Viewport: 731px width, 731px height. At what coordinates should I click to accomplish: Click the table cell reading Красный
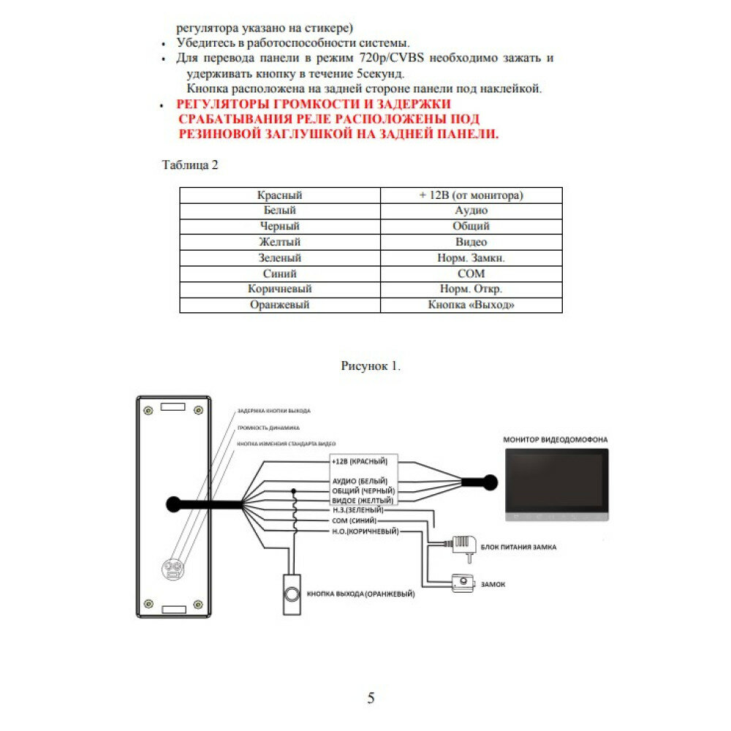(279, 195)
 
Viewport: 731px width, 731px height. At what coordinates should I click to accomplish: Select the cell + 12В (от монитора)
(471, 195)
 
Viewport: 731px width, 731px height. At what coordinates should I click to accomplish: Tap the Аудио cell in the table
(471, 211)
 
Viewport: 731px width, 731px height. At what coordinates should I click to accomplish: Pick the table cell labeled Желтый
(279, 242)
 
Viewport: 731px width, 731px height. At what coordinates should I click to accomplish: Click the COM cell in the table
(471, 273)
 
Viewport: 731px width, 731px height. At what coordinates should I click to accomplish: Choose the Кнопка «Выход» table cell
(471, 305)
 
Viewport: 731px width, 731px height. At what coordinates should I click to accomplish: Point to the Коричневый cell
(279, 289)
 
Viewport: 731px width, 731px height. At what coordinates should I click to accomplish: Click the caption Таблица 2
(189, 164)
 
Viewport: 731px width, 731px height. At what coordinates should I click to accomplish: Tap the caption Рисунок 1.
(371, 365)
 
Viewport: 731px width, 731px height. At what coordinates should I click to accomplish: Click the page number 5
(371, 698)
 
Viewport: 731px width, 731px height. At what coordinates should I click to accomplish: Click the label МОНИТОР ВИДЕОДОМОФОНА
(556, 439)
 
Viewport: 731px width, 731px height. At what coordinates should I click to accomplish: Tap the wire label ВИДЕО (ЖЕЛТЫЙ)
(363, 501)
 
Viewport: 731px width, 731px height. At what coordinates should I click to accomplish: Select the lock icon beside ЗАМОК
(462, 583)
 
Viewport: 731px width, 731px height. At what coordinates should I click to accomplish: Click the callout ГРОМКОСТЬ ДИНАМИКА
(268, 427)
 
